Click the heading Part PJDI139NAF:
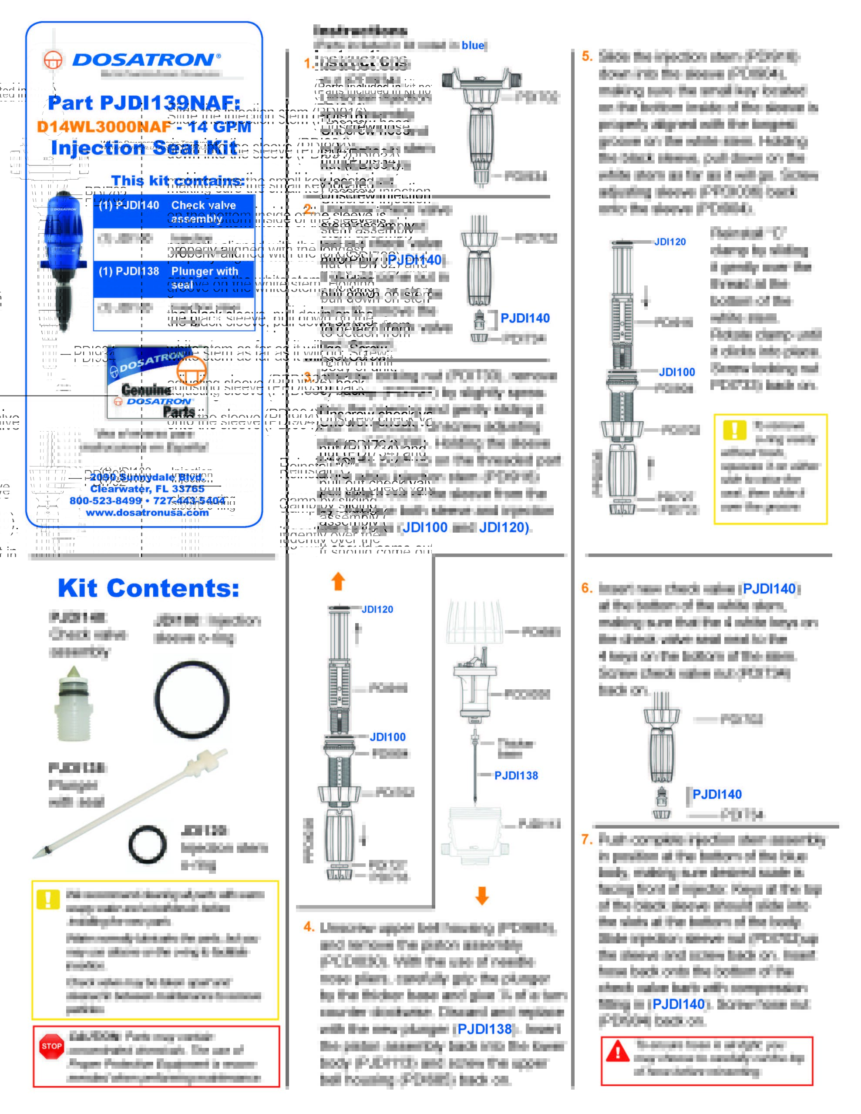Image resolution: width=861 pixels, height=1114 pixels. click(x=144, y=103)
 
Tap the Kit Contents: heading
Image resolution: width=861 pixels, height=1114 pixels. click(x=148, y=588)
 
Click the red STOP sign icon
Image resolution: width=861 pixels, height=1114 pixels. click(x=51, y=1046)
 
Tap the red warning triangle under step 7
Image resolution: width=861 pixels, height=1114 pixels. click(x=618, y=1051)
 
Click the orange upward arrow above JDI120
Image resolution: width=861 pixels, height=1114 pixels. click(x=338, y=581)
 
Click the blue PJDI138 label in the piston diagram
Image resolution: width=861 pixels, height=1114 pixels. click(x=516, y=775)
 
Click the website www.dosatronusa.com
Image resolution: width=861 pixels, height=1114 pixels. click(x=147, y=513)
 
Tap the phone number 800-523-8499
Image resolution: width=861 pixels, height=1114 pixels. click(x=106, y=501)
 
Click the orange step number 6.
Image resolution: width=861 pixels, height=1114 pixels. click(x=587, y=588)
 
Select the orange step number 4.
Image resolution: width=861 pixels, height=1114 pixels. click(x=309, y=927)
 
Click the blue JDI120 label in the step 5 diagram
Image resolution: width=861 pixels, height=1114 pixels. click(x=669, y=242)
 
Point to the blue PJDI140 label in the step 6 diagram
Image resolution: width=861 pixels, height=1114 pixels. click(x=716, y=794)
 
